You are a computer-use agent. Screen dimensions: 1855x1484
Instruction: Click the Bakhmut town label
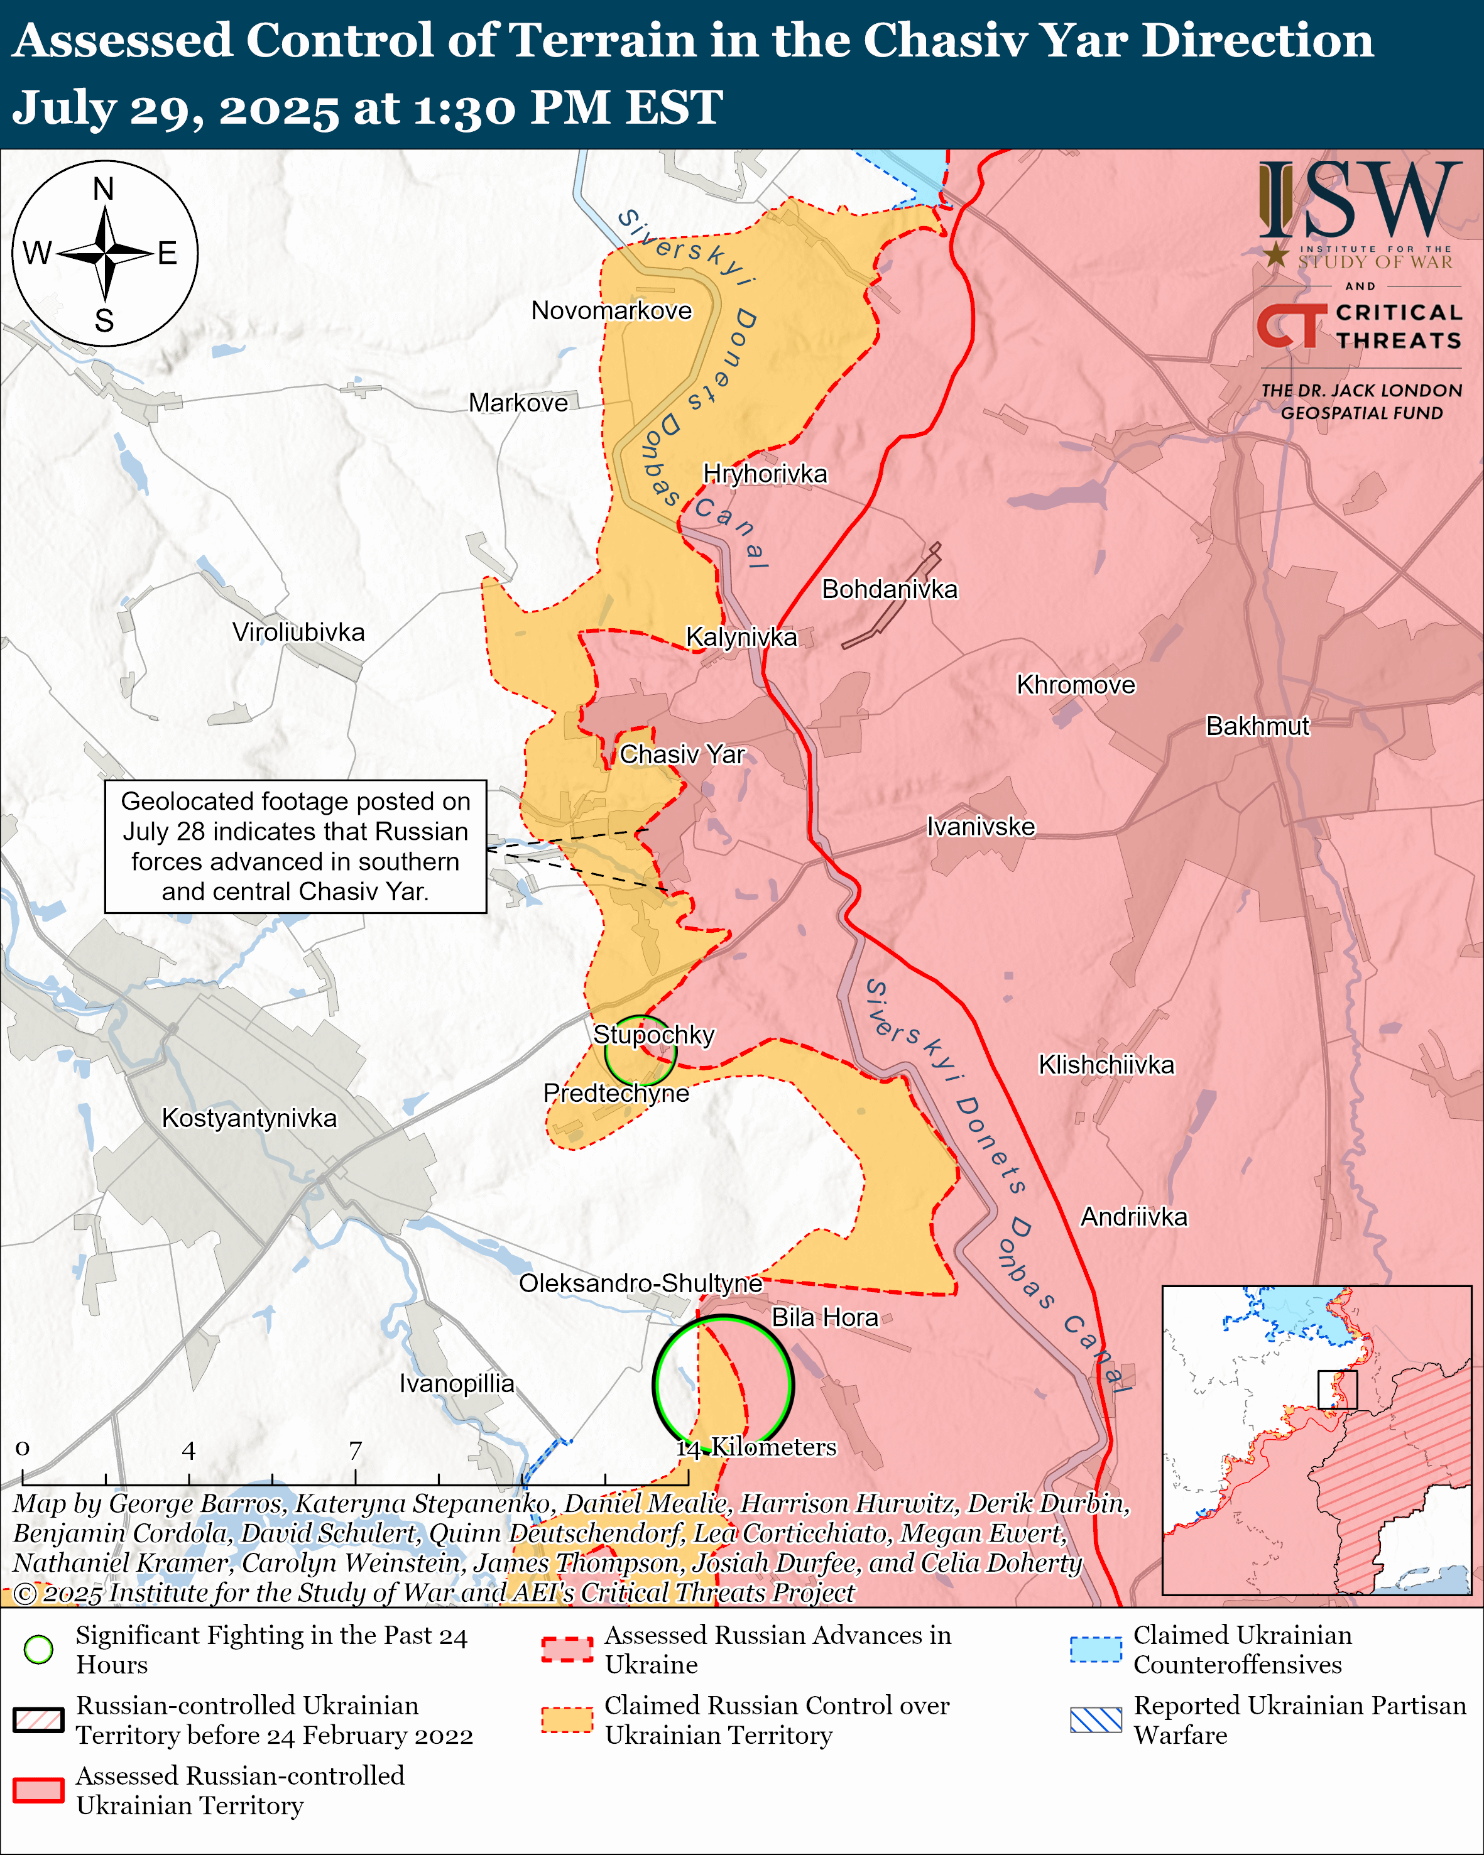click(x=1257, y=726)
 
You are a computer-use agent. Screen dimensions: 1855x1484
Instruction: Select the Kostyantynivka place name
click(x=249, y=1119)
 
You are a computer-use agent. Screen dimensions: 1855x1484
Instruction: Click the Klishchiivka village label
click(x=1106, y=1065)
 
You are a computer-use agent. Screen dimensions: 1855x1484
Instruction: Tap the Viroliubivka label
click(x=298, y=633)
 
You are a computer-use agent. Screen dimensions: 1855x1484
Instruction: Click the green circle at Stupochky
click(x=640, y=1052)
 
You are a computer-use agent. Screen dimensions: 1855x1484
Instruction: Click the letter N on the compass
click(x=103, y=189)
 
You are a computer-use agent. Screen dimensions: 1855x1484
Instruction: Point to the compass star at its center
click(x=104, y=254)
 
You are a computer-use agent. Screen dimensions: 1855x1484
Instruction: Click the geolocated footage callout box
click(x=295, y=847)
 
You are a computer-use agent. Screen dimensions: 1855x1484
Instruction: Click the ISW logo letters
click(x=1359, y=202)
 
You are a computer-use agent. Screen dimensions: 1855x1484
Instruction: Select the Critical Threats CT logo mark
click(x=1291, y=325)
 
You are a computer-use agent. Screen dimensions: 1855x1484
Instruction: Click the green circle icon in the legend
click(x=39, y=1650)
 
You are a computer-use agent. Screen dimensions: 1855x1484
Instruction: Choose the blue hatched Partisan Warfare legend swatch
click(x=1096, y=1720)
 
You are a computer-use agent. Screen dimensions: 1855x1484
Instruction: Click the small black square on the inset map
click(x=1337, y=1390)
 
